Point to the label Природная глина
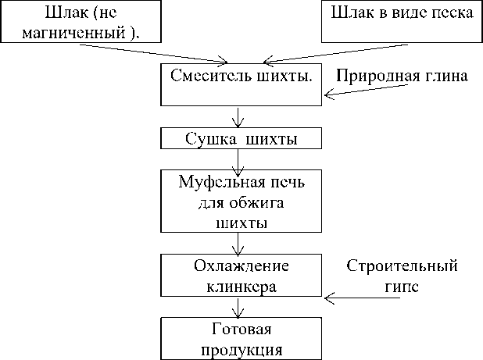(402, 77)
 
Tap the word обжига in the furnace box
(261, 203)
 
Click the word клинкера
(241, 286)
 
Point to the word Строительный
(401, 266)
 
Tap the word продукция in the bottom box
(241, 348)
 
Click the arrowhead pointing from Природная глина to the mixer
(329, 95)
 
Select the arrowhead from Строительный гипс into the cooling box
(329, 298)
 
